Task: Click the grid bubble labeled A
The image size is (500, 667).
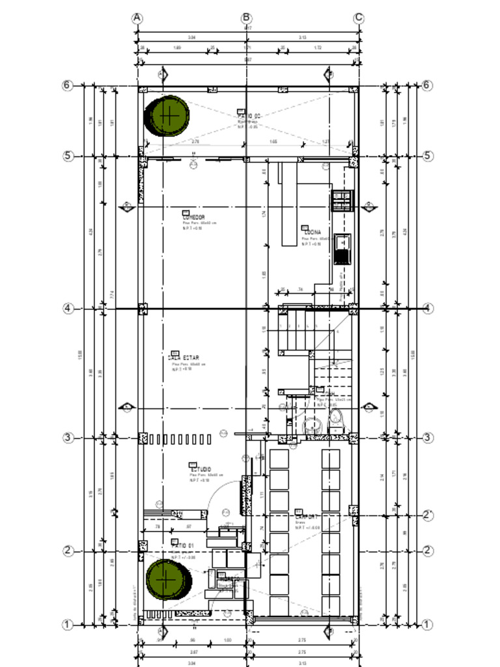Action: tap(137, 18)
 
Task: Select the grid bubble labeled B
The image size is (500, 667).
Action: tap(246, 18)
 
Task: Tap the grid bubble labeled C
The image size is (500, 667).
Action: tap(359, 18)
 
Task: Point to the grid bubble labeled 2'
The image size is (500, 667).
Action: tap(428, 515)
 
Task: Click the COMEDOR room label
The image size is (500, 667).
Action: tap(193, 218)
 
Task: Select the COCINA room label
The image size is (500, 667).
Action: tap(312, 231)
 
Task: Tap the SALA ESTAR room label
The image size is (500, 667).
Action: tap(184, 358)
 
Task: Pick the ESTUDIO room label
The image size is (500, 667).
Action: tap(200, 469)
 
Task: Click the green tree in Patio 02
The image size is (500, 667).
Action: tap(169, 115)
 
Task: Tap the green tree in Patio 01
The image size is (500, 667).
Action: tap(167, 579)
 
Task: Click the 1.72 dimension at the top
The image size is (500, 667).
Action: tap(318, 48)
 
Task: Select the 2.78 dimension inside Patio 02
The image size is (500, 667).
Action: tap(195, 141)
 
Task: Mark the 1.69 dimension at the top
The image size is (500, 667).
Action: tap(177, 48)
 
